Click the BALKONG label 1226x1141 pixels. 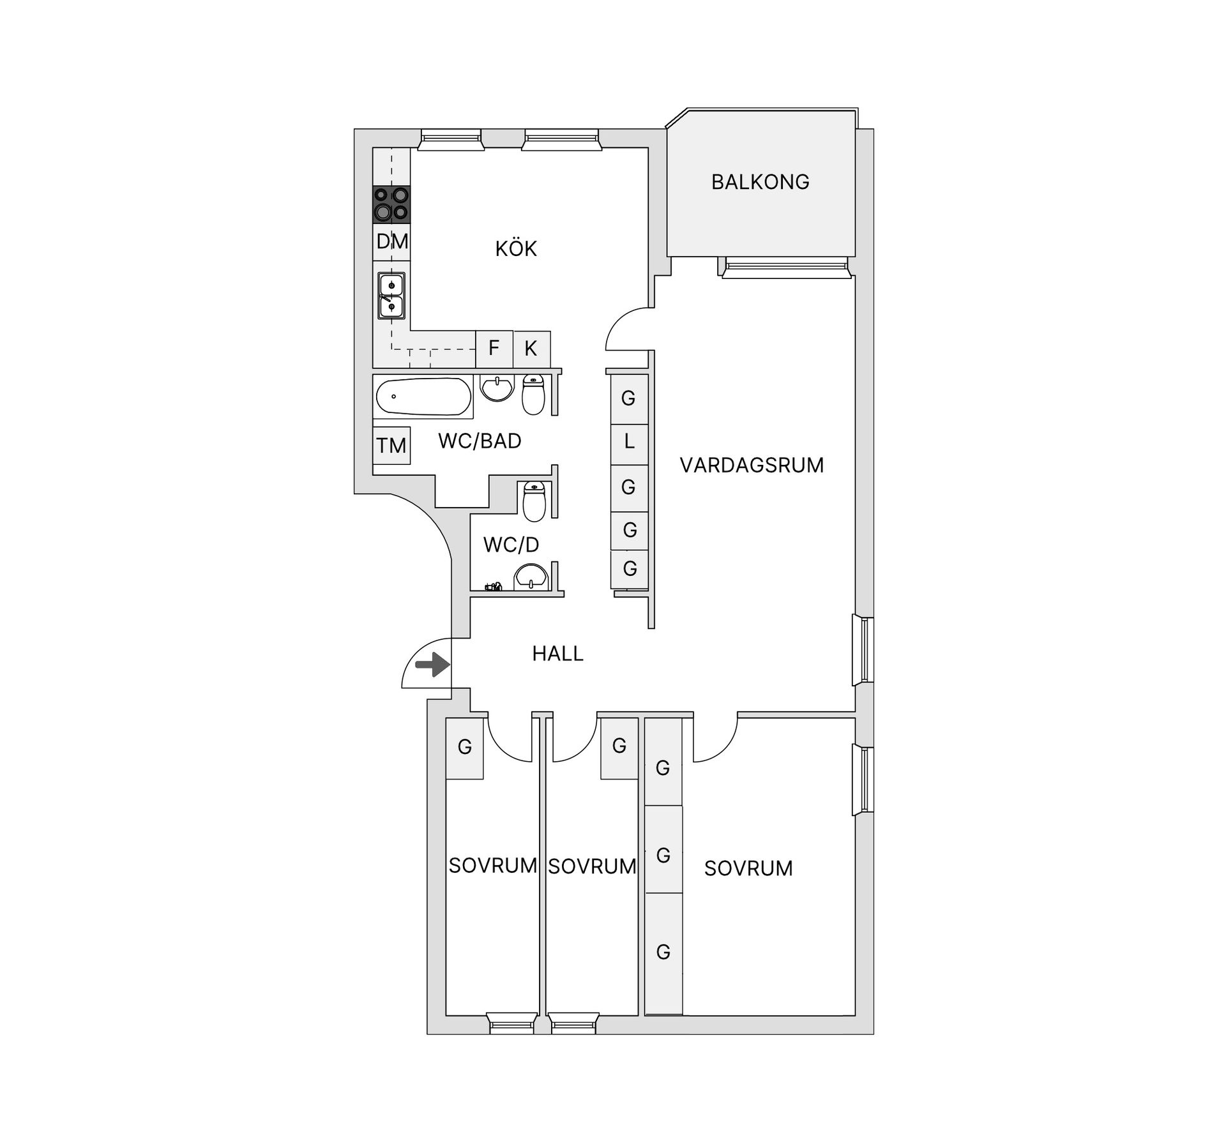tap(760, 182)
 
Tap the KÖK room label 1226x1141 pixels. tap(516, 248)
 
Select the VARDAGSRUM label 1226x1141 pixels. tap(752, 465)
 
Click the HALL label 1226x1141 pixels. tap(557, 653)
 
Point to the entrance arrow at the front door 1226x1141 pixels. tap(432, 665)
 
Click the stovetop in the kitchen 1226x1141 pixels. tap(391, 204)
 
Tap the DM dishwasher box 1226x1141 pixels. tap(391, 241)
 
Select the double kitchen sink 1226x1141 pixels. tap(391, 296)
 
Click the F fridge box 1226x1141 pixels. tap(494, 348)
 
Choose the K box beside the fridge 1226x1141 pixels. tap(531, 348)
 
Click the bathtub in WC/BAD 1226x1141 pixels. tap(423, 397)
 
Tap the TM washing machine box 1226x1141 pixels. tap(391, 445)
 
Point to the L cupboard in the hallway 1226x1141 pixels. tap(629, 441)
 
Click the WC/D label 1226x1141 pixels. tap(511, 545)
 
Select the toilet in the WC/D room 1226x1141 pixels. tap(534, 501)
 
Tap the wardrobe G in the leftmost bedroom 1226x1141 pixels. tap(464, 747)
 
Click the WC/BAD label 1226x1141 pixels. tap(480, 441)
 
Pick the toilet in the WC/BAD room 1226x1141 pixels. tap(533, 395)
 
